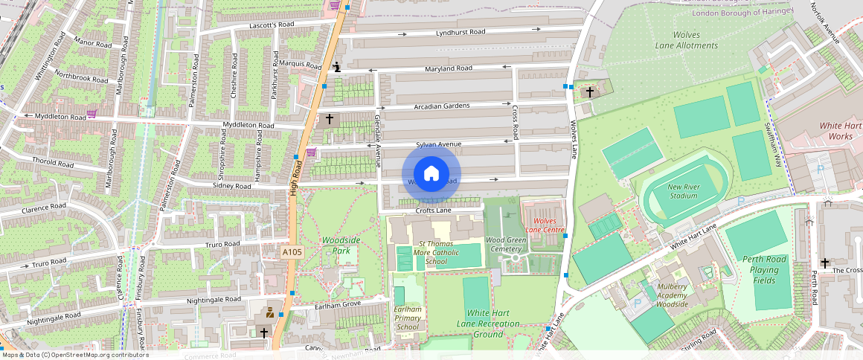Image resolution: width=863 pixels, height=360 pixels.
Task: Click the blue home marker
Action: (x=431, y=173)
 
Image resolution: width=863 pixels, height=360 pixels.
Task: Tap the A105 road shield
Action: (x=292, y=253)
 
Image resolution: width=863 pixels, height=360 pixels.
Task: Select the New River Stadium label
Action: (x=682, y=191)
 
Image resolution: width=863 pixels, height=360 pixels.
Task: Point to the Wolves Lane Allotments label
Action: (x=686, y=40)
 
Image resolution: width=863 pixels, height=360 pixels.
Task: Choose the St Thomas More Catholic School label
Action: (x=436, y=253)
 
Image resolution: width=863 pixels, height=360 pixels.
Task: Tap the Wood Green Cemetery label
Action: (x=505, y=245)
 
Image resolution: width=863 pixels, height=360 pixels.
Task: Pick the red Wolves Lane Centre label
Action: (x=545, y=225)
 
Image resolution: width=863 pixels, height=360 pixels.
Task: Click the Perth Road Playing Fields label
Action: (x=764, y=270)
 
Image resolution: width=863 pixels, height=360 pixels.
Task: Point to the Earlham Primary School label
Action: (x=408, y=318)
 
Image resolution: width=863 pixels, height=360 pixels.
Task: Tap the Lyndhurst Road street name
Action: (x=461, y=32)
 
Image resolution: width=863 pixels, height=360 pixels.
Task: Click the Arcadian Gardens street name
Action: (x=442, y=106)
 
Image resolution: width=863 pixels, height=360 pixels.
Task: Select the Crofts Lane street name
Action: (x=434, y=210)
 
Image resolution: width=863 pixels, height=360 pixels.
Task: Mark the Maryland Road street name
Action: (x=449, y=68)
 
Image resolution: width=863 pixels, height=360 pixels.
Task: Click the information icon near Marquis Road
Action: (x=337, y=68)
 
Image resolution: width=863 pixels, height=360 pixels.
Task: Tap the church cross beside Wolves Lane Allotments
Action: (x=590, y=92)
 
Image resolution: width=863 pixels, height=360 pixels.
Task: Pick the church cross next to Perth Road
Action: (x=824, y=263)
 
